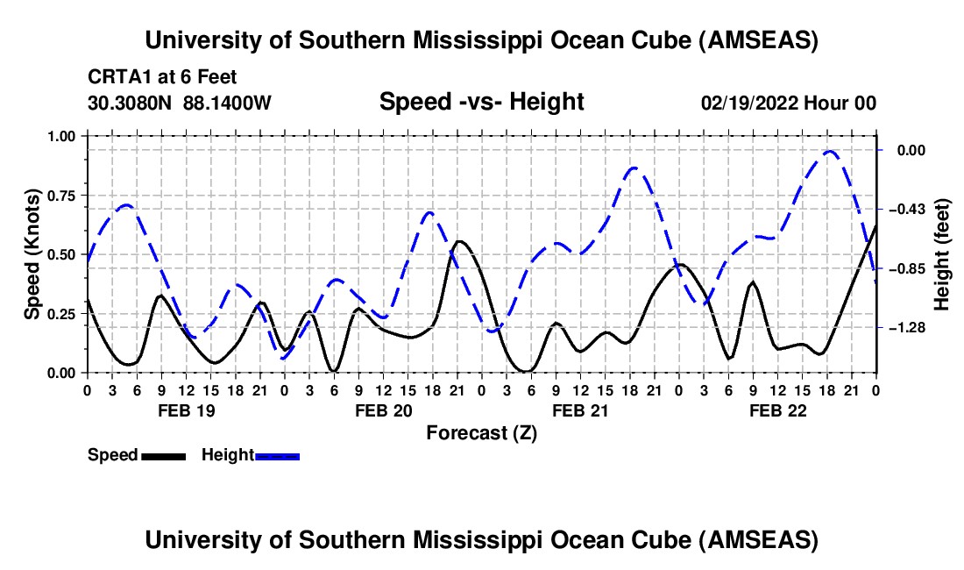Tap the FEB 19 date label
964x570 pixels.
(x=185, y=410)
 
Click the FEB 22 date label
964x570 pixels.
(x=776, y=410)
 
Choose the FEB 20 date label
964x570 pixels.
(x=383, y=410)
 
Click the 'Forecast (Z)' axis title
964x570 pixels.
(x=481, y=432)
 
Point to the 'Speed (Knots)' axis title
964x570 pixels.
(x=32, y=254)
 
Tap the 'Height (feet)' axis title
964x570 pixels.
(x=942, y=254)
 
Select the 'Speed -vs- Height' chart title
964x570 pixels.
(x=481, y=102)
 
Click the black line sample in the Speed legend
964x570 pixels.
(x=163, y=455)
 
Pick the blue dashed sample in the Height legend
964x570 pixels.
(x=278, y=455)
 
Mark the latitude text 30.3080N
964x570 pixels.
(x=131, y=103)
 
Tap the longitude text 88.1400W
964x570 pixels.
(x=227, y=103)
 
